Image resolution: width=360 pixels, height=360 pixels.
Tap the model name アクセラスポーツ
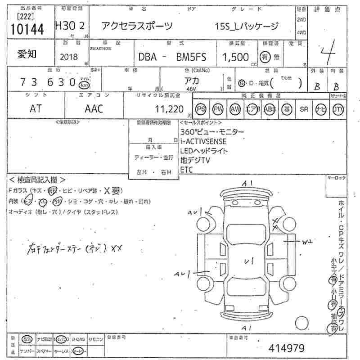click(137, 26)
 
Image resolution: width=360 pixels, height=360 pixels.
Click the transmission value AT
click(36, 108)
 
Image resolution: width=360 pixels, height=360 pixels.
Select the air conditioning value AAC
click(94, 108)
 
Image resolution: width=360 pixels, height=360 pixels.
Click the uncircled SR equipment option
click(304, 109)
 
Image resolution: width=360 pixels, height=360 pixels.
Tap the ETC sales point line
click(186, 169)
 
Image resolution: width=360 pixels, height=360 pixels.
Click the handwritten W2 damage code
click(307, 242)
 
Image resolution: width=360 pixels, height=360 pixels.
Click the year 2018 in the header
click(68, 57)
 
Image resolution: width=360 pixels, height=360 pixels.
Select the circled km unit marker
click(83, 85)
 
